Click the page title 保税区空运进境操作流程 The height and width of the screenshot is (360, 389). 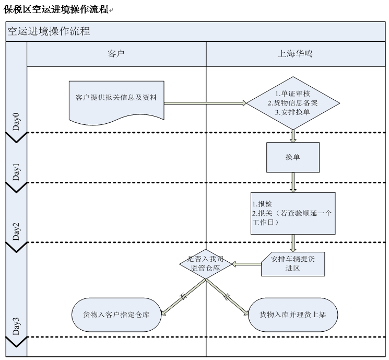[x=56, y=9]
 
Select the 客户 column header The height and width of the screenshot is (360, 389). [x=116, y=54]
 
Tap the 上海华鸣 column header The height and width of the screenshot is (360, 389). [x=295, y=54]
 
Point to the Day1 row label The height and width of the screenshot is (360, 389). [x=16, y=172]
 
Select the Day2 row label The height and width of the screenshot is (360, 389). [x=16, y=231]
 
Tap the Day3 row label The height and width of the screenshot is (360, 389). [x=16, y=326]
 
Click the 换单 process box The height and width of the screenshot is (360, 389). [x=292, y=157]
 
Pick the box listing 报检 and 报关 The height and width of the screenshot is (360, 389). [x=292, y=213]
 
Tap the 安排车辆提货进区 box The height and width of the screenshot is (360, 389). [x=292, y=263]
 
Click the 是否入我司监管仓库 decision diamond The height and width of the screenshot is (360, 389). [x=205, y=263]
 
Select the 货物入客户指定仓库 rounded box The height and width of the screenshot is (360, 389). [x=116, y=315]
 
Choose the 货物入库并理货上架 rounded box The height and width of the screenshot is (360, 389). [x=292, y=315]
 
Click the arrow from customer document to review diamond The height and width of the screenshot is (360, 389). [x=205, y=103]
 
